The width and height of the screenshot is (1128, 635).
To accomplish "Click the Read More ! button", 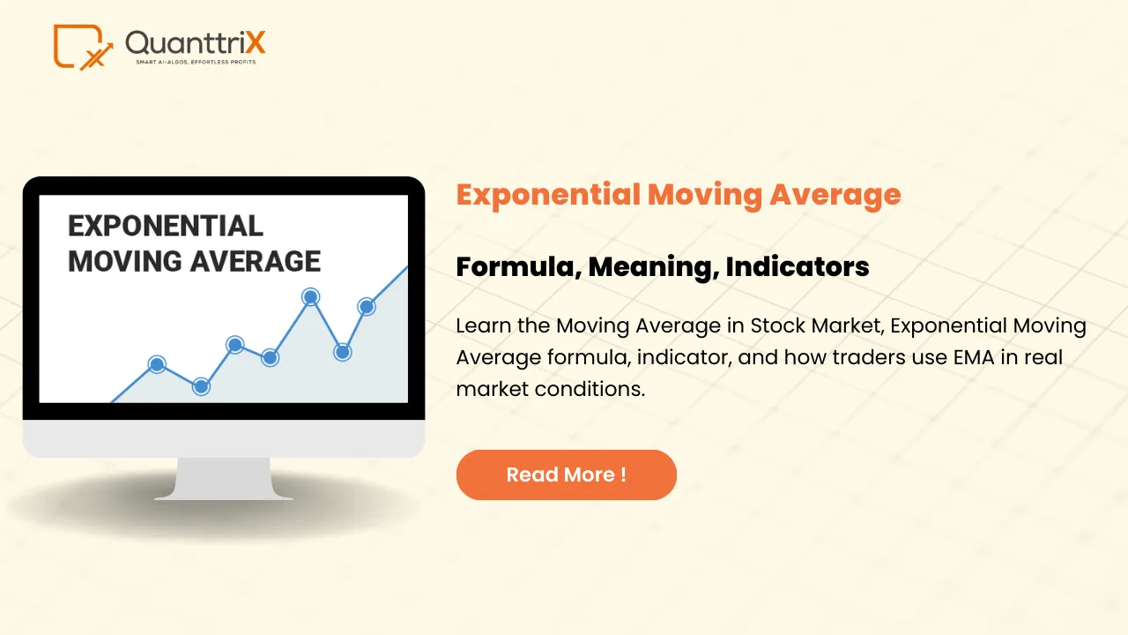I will coord(566,474).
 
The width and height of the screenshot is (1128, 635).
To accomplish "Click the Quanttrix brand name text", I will coord(195,41).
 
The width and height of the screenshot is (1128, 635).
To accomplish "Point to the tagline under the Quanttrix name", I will coord(195,63).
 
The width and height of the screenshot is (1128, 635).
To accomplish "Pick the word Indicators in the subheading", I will coord(798,266).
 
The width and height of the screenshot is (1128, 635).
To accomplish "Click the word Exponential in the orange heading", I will coord(548,194).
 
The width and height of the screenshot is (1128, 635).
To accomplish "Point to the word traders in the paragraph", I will coord(850,357).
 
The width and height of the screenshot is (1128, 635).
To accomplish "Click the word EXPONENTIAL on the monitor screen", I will coord(166,226).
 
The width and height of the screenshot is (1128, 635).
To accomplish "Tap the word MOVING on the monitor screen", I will coord(124,261).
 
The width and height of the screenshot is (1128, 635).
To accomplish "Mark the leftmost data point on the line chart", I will coord(157,364).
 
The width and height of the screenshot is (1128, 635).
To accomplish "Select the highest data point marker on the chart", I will coord(310,297).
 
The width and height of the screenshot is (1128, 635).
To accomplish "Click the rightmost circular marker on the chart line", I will coord(367,307).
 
